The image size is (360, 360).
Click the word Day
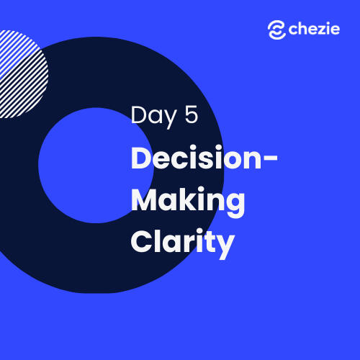(153, 117)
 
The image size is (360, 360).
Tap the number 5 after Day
(192, 114)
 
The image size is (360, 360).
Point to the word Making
(188, 202)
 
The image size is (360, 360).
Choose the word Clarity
(182, 243)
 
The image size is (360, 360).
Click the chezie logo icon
(276, 30)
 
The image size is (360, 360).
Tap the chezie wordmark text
(314, 29)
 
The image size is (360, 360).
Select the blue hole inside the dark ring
(96, 166)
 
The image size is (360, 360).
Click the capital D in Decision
(142, 157)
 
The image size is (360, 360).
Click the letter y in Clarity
(225, 247)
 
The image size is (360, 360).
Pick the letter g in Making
(235, 206)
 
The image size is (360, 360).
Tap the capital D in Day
(139, 114)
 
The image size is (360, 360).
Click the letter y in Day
(171, 120)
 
